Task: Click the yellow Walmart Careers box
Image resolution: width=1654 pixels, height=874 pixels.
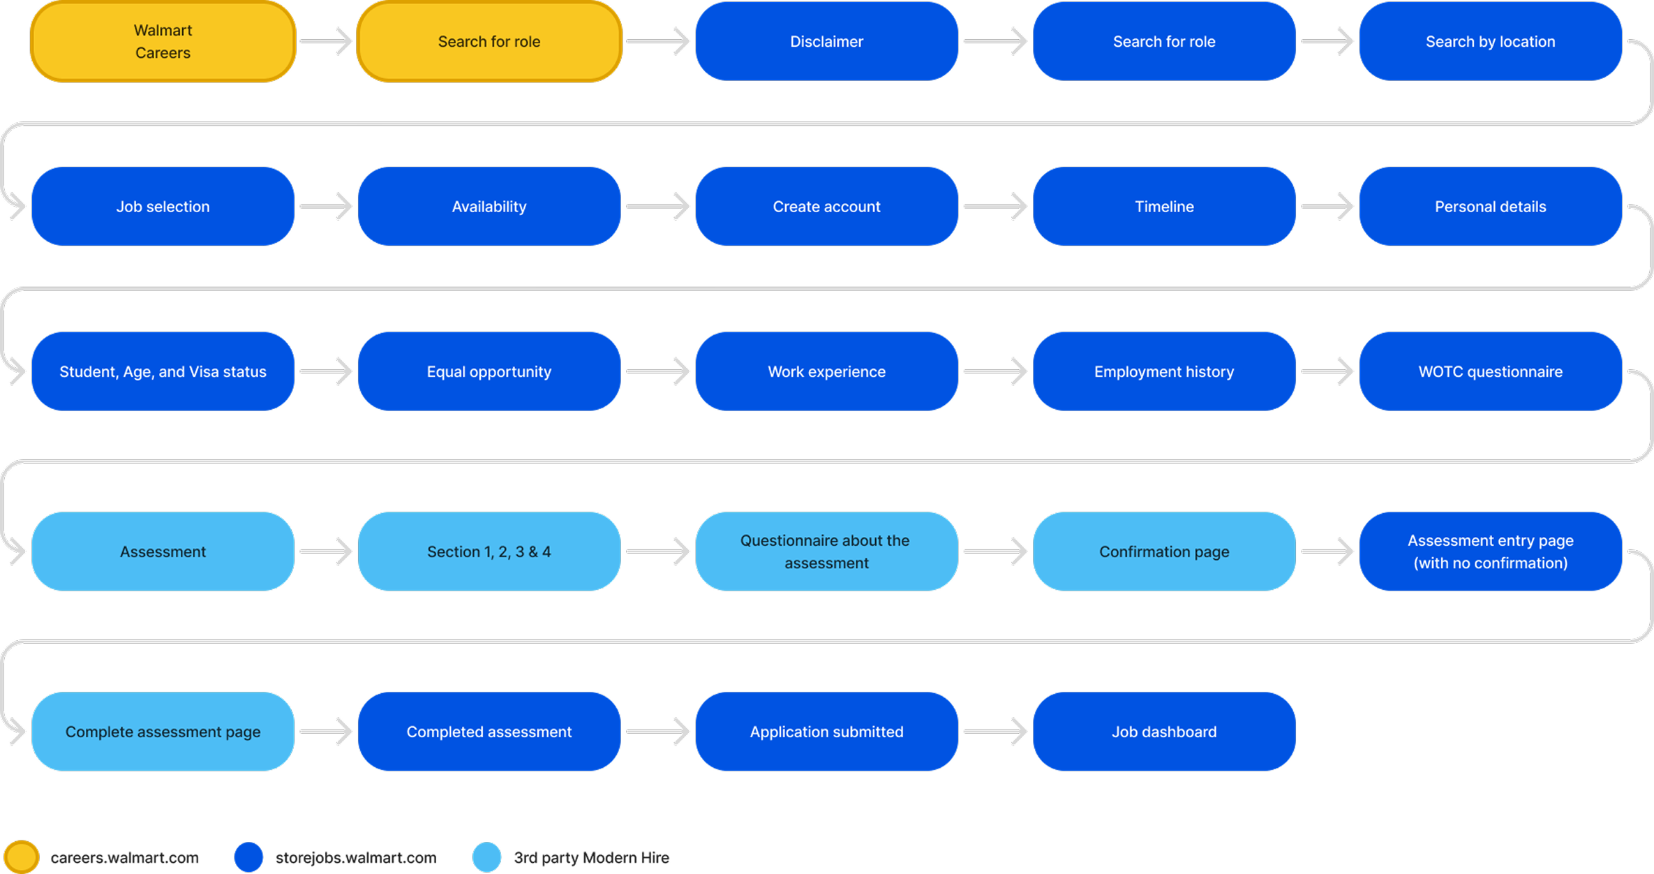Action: [x=163, y=42]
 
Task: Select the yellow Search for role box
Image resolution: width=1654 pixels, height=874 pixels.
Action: [x=489, y=42]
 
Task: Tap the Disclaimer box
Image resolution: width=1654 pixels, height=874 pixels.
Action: [x=826, y=42]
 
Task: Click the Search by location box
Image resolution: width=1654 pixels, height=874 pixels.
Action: [x=1490, y=42]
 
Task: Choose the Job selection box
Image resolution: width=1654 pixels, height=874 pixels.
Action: [x=163, y=207]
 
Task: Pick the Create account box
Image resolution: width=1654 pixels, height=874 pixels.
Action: [x=826, y=207]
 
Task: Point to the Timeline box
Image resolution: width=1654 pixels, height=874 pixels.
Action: [x=1163, y=207]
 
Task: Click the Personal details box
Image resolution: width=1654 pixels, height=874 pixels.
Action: [x=1490, y=207]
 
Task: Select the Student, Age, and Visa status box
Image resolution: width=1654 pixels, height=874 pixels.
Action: [x=163, y=371]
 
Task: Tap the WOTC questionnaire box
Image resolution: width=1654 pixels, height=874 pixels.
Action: [x=1490, y=371]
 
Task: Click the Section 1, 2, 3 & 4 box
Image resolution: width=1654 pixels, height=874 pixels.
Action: [x=489, y=551]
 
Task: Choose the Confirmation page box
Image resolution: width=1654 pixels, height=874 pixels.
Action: [x=1163, y=551]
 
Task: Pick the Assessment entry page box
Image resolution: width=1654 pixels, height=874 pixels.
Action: [x=1490, y=551]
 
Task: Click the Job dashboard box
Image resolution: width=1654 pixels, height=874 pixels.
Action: [x=1163, y=732]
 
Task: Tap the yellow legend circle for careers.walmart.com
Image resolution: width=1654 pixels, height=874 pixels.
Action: [x=22, y=857]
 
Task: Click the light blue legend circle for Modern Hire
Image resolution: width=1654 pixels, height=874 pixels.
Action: [x=487, y=857]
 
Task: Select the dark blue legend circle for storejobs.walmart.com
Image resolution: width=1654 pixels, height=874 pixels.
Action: [x=248, y=857]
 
